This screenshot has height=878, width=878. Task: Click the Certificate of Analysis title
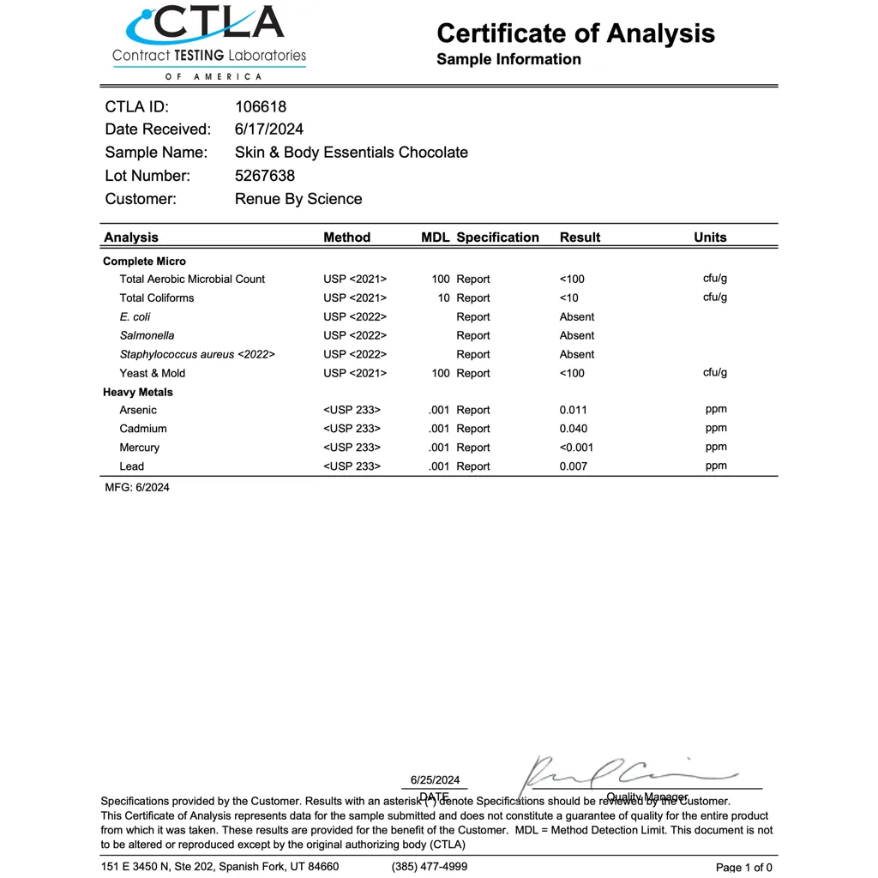(x=575, y=33)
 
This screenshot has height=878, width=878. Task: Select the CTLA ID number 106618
(x=261, y=107)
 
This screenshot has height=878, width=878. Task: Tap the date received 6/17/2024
(x=268, y=129)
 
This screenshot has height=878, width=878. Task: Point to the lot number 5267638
(x=264, y=176)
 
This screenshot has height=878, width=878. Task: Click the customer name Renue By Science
(x=298, y=199)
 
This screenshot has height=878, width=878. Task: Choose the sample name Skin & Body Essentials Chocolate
(x=351, y=153)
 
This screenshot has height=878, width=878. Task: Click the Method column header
(x=346, y=238)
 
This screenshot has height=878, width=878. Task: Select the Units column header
(x=710, y=238)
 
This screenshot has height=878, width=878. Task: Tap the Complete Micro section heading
(x=144, y=262)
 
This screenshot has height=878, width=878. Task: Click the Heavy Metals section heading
(x=137, y=392)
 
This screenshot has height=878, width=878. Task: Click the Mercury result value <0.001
(x=576, y=448)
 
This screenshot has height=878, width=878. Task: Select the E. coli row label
(x=135, y=317)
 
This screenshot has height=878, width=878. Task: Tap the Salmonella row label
(x=147, y=336)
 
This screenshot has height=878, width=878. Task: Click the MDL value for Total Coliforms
(x=443, y=298)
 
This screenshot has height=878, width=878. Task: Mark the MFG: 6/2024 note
(x=137, y=488)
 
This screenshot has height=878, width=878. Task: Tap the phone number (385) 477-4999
(x=430, y=867)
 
